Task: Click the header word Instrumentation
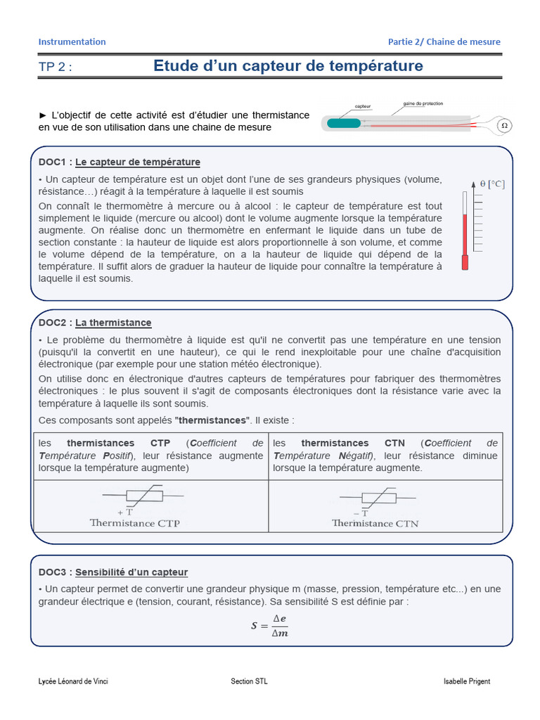(x=72, y=41)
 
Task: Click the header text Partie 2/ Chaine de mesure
(x=444, y=41)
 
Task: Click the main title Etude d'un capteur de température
(x=288, y=66)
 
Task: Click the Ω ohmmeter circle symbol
(x=504, y=126)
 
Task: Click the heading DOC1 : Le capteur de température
(x=120, y=162)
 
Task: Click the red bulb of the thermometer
(x=465, y=263)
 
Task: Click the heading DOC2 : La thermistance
(x=95, y=323)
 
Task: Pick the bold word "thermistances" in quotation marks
(x=212, y=420)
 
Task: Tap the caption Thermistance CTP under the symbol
(x=135, y=523)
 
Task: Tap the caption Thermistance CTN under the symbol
(x=375, y=523)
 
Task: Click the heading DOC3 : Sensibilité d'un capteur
(x=113, y=572)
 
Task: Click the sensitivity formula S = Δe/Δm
(x=270, y=624)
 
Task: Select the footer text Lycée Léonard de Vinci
(x=73, y=681)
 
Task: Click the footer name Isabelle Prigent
(x=467, y=681)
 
